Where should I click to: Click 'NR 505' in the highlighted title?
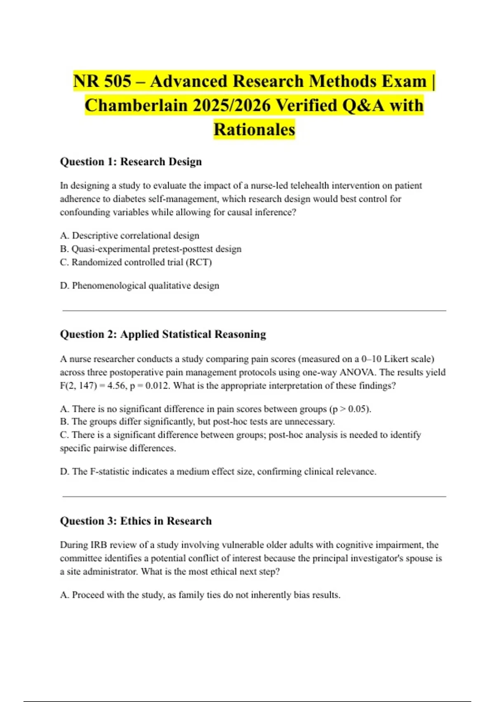tap(102, 81)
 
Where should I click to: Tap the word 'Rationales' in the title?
tap(254, 129)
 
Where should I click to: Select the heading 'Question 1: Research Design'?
tap(131, 161)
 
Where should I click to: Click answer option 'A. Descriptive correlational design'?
tap(130, 235)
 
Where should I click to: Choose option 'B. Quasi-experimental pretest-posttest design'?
tap(151, 249)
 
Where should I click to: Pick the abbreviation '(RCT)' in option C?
tap(199, 262)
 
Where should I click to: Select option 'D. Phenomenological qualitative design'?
tap(139, 286)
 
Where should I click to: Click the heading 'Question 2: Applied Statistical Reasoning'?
tap(163, 334)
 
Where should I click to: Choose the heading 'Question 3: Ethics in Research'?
tap(136, 521)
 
